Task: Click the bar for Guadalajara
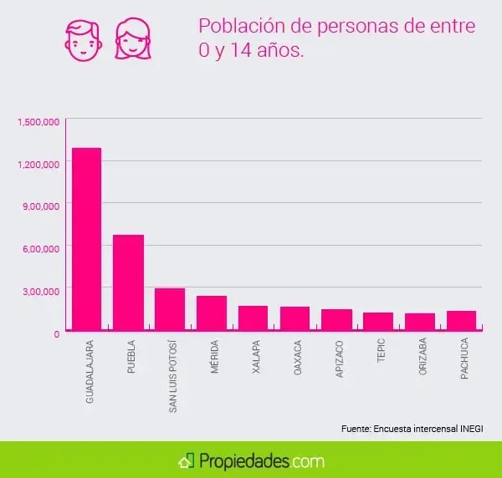tap(86, 240)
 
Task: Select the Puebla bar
tap(128, 283)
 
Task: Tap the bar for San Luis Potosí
tap(170, 310)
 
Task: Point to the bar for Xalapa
tap(253, 318)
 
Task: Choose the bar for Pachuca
tap(461, 321)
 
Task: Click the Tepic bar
tap(378, 322)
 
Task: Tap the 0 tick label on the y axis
tap(56, 333)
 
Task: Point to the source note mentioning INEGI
tap(412, 428)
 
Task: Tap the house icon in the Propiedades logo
tap(186, 460)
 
